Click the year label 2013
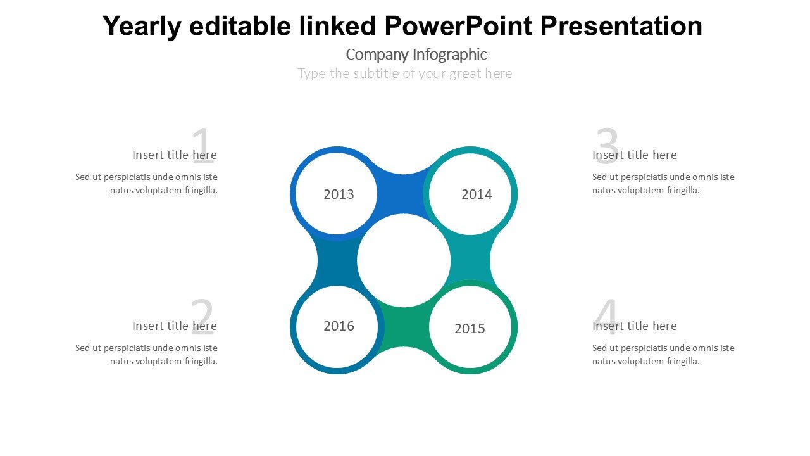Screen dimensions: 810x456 (x=339, y=194)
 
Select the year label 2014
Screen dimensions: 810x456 (x=477, y=194)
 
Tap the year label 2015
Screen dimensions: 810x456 (x=470, y=329)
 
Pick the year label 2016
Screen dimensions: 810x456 (x=339, y=326)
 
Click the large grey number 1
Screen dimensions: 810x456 (x=202, y=146)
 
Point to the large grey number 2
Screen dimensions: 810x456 (x=202, y=317)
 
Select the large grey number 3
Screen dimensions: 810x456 (x=607, y=146)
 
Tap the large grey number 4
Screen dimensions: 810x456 (x=606, y=317)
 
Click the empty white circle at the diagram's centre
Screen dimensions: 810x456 (x=404, y=260)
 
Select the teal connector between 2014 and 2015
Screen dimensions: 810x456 (x=470, y=260)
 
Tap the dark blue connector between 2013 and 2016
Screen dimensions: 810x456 (x=337, y=260)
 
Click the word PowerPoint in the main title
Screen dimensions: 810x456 (x=458, y=26)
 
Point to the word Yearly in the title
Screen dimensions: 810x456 (x=142, y=27)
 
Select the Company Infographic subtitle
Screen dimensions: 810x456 (x=416, y=54)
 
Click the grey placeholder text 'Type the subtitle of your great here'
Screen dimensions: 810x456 (x=404, y=73)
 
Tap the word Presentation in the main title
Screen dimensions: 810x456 (x=621, y=26)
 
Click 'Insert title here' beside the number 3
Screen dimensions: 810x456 (x=634, y=155)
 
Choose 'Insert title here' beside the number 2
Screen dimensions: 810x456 (x=174, y=326)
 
